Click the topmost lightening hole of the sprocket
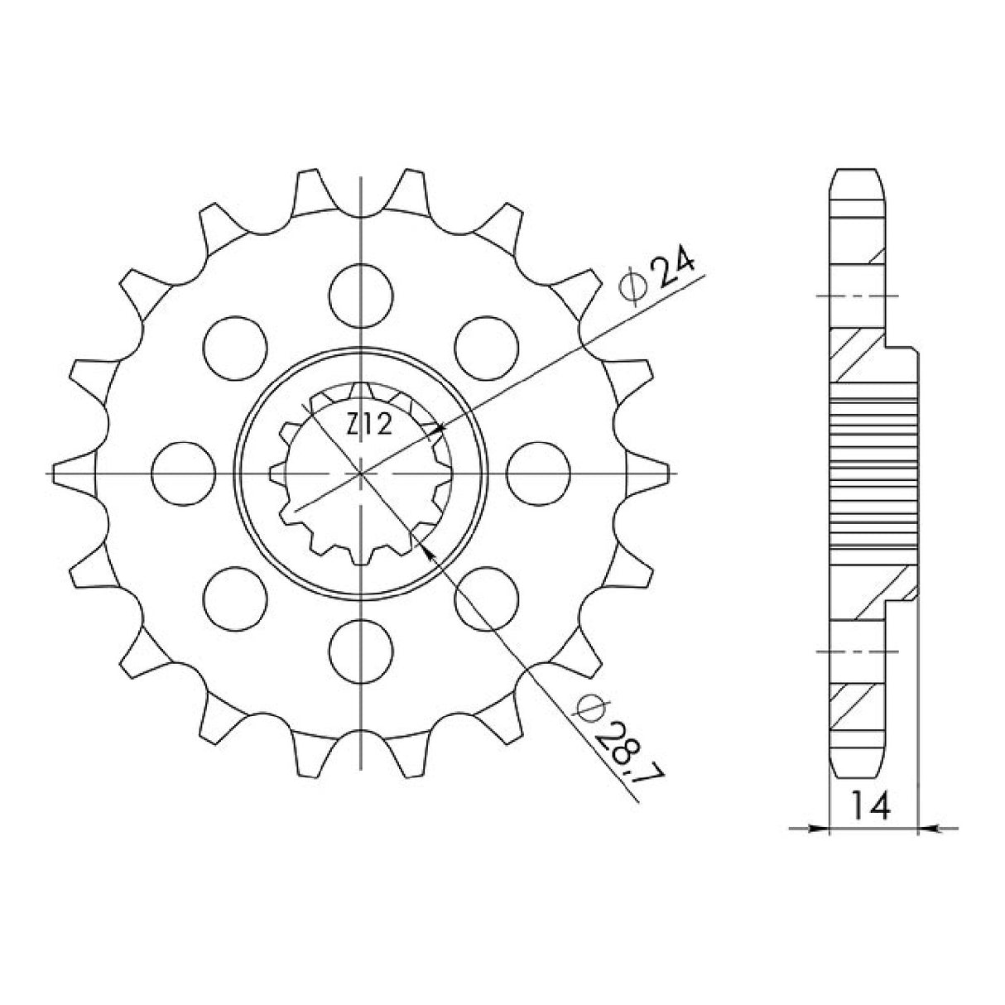point(361,295)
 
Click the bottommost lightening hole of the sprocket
point(361,650)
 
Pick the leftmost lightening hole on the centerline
point(184,473)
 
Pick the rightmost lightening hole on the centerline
point(539,473)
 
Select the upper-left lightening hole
point(236,347)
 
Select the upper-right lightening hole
point(487,347)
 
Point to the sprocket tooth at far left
point(70,473)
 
